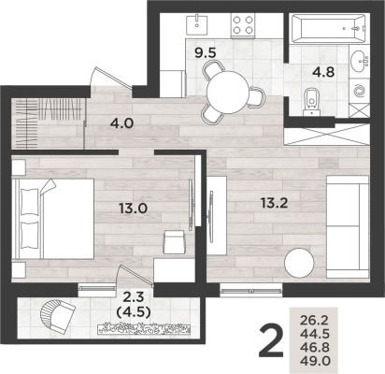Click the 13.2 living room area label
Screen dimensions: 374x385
click(x=270, y=199)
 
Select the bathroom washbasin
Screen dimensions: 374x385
click(x=358, y=64)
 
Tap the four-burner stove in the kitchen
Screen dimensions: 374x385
click(x=242, y=26)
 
